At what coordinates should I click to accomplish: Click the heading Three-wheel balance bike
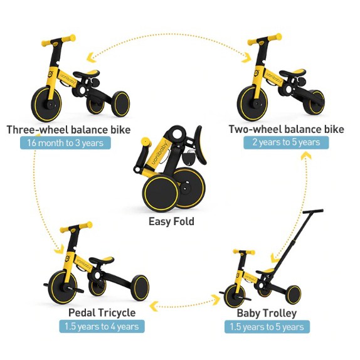coord(68,130)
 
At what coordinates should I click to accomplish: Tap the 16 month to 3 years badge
coord(65,143)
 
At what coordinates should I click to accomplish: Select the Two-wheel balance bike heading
coord(286,129)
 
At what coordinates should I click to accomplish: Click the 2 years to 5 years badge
coord(286,142)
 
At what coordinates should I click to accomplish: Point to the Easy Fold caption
coord(171,221)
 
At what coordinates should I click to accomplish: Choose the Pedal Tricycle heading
coord(102,313)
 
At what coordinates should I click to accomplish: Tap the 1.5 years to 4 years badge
coord(102,326)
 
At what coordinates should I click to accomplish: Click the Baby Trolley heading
coord(267,313)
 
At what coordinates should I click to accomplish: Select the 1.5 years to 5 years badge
coord(267,327)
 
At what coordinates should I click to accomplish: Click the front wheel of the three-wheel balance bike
coord(46,104)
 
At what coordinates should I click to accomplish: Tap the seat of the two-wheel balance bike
coord(292,73)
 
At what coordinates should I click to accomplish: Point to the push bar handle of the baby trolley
coord(313,211)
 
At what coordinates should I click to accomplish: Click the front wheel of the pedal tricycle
coord(63,287)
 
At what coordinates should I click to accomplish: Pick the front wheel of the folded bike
coord(161,193)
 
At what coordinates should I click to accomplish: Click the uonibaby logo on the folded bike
coord(161,152)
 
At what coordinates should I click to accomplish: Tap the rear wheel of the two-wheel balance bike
coord(314,102)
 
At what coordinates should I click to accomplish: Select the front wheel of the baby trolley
coord(235,295)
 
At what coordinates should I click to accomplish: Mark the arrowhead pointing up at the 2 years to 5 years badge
coord(305,156)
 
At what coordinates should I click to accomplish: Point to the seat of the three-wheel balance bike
coord(87,74)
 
